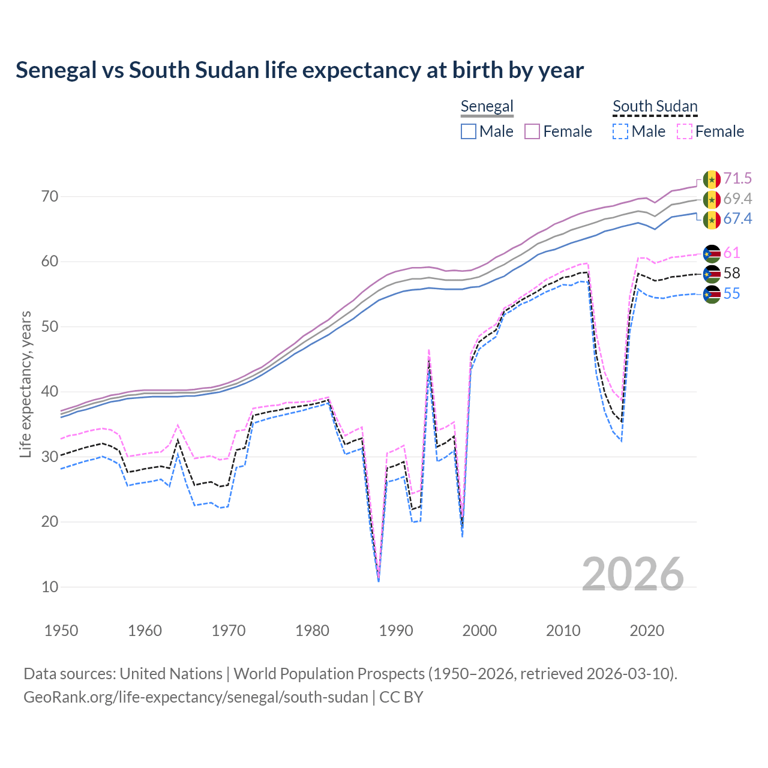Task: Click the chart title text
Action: (x=299, y=70)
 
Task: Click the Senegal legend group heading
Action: (x=487, y=106)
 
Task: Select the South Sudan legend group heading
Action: (x=655, y=106)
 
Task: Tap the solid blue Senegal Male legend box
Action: (x=469, y=131)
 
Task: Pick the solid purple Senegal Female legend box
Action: (x=532, y=131)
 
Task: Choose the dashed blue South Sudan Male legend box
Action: (x=620, y=131)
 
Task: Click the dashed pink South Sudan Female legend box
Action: (x=684, y=131)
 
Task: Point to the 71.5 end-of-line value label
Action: (x=737, y=178)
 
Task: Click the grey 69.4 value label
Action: (x=737, y=199)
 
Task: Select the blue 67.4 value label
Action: (x=737, y=218)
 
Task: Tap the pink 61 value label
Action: (x=731, y=253)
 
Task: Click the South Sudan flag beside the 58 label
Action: (x=712, y=274)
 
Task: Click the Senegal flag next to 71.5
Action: (x=712, y=179)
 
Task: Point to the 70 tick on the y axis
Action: (x=50, y=196)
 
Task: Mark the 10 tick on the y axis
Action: (x=50, y=587)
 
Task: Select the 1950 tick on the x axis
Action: (x=61, y=631)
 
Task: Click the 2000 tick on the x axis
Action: (x=479, y=631)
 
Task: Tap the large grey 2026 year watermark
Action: (x=632, y=574)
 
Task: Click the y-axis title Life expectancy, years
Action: (x=25, y=384)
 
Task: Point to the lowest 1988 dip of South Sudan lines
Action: (x=379, y=580)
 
